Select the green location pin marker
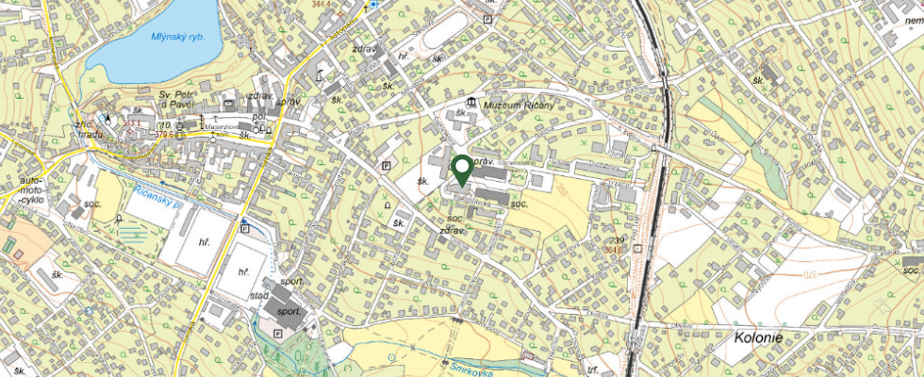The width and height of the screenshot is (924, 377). (x=462, y=170)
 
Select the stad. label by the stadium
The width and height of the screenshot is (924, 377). (x=258, y=295)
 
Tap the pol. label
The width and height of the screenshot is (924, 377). (x=258, y=118)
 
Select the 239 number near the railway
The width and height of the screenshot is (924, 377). (x=618, y=241)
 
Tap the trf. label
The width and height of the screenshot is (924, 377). (x=592, y=370)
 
